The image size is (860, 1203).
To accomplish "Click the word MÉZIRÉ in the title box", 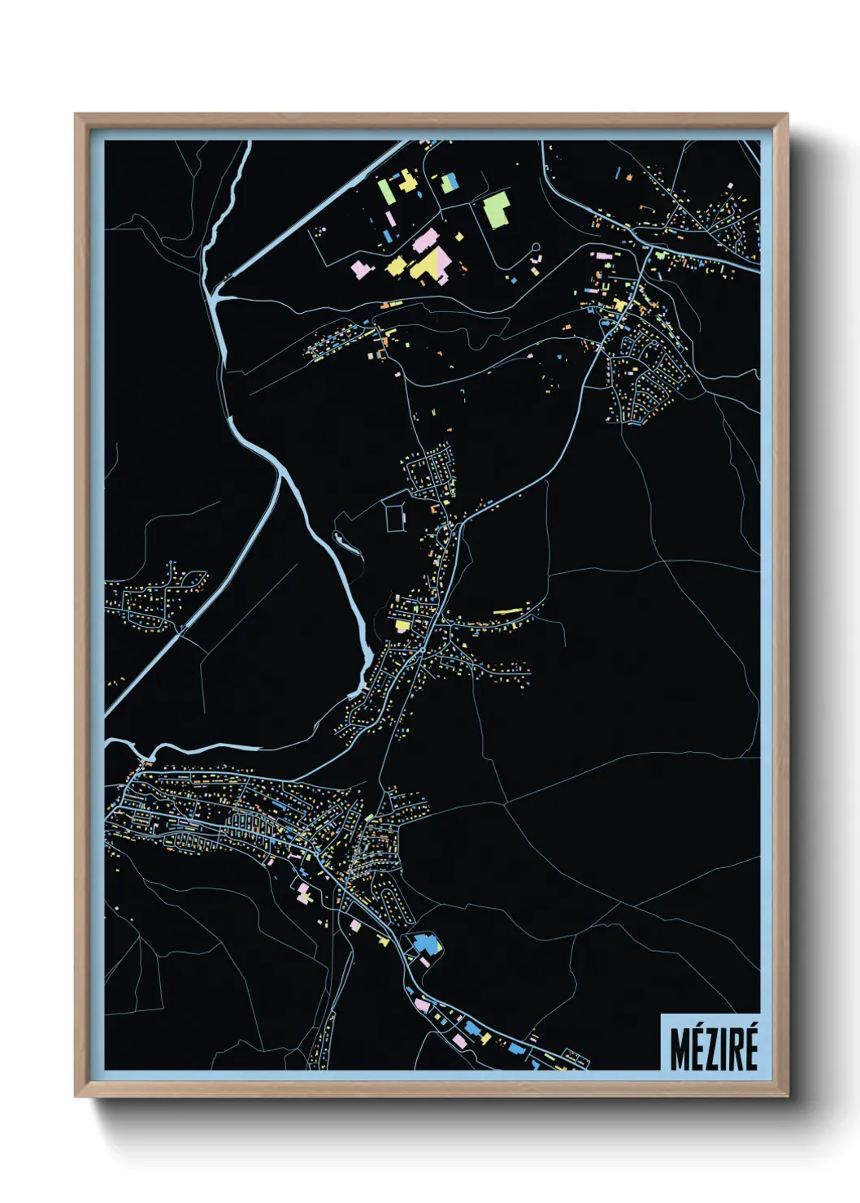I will pos(713,1049).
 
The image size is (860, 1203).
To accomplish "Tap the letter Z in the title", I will pos(708,1049).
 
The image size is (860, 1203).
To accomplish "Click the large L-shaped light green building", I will pos(497,209).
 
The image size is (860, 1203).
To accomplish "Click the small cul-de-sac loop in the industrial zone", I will pos(535,248).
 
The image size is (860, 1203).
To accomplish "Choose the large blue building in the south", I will pos(424,945).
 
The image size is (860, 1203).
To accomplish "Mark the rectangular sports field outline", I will pos(396,518).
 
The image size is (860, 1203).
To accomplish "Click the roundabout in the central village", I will pos(445,529).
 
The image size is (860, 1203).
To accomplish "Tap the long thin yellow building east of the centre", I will pos(508,610).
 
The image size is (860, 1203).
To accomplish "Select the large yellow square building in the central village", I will pos(402,625).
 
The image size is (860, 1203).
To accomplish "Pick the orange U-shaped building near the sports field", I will pos(435,509).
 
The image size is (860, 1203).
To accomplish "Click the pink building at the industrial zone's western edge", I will pos(359,268).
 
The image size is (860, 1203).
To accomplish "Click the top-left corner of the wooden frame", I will pos(77,116).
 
